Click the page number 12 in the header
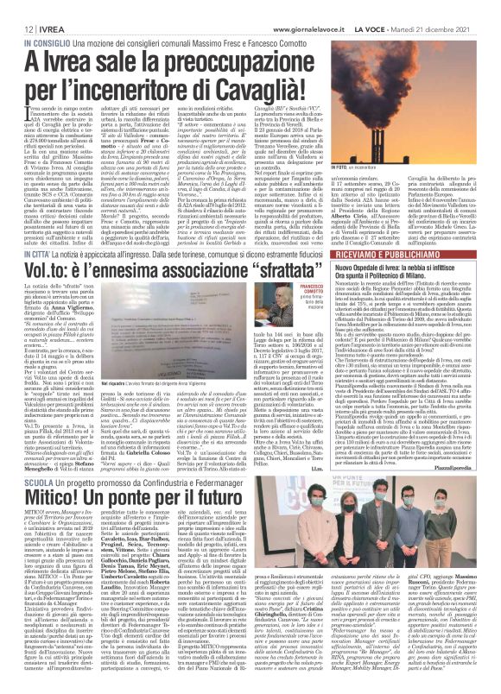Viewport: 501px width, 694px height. click(18, 8)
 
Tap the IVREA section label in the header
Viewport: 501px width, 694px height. click(41, 8)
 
